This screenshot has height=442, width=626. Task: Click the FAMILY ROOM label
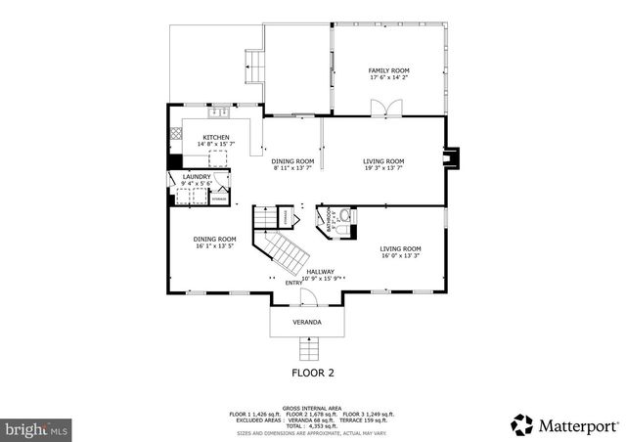point(388,70)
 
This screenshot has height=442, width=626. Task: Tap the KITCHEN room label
point(216,137)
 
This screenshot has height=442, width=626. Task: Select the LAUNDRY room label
point(196,177)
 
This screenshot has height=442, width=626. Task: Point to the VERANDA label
point(307,322)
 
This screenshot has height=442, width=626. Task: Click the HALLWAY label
point(320,271)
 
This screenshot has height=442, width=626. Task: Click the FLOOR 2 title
point(313,373)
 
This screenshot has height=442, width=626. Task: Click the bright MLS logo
point(36,427)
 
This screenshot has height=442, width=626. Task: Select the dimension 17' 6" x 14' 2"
point(388,78)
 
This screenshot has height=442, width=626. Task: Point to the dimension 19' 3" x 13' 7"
point(383,168)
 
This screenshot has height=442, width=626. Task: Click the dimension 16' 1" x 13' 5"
point(214,246)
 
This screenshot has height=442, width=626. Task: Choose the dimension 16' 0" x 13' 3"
point(400,255)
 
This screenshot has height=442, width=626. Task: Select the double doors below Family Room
point(392,107)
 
